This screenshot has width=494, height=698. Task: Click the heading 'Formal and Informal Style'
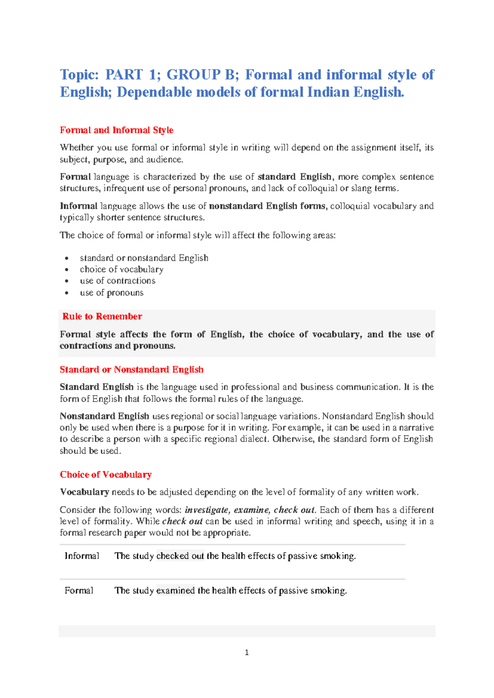coord(117,130)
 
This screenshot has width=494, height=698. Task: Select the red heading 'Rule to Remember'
coord(102,316)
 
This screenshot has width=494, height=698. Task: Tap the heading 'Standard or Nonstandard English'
coord(132,370)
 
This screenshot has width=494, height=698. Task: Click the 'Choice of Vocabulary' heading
coord(106,475)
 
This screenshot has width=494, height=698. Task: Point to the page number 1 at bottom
coord(247,652)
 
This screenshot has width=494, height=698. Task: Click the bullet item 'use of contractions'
coord(118,281)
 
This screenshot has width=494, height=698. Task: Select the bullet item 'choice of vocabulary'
coord(121,269)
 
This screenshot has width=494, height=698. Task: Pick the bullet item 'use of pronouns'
coord(112,293)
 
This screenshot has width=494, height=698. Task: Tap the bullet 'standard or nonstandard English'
coord(144,258)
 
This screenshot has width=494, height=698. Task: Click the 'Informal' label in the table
coord(82,556)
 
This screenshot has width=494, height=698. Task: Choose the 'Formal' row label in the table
coord(79,591)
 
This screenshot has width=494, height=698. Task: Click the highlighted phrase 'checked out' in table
coord(180,556)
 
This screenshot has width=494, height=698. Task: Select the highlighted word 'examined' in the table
coord(175,591)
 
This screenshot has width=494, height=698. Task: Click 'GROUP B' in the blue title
coord(200,74)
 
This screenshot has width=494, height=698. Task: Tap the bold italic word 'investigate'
coord(207,510)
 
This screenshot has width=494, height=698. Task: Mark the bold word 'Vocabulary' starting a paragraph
coord(84,492)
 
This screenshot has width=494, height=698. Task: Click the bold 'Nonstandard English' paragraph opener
coord(105,416)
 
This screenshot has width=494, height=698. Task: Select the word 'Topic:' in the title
coord(79,74)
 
